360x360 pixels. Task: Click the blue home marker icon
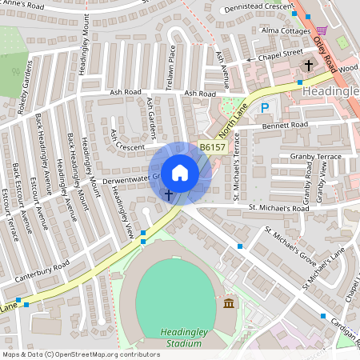pos(180,172)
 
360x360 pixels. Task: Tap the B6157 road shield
pos(212,147)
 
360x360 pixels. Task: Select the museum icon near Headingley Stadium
pos(230,303)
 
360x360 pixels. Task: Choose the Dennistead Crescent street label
pos(258,8)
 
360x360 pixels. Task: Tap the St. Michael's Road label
pos(278,208)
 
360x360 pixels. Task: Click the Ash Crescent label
pos(139,147)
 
